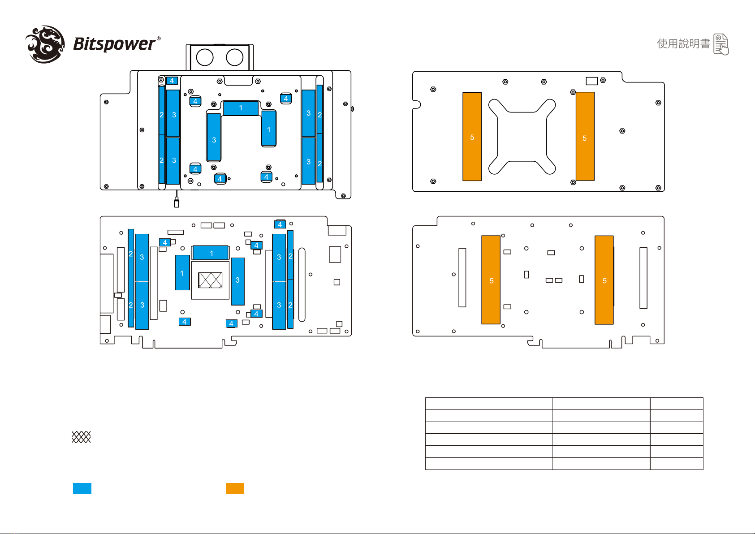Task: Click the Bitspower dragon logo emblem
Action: [x=45, y=44]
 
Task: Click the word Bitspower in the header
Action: [x=114, y=44]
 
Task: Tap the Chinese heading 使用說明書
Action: [x=684, y=43]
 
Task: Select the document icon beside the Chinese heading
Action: [x=721, y=44]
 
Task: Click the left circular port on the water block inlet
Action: [x=205, y=57]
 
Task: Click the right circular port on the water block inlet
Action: [x=235, y=57]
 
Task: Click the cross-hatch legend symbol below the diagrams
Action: [x=81, y=437]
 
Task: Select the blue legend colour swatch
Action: [x=82, y=488]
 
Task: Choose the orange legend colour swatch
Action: [x=235, y=488]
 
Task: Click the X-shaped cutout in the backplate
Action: [x=522, y=137]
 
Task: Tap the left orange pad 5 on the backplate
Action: [x=472, y=137]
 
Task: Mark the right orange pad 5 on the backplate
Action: [x=585, y=137]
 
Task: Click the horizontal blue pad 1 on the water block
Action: [x=241, y=108]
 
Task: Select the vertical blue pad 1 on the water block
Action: [x=269, y=129]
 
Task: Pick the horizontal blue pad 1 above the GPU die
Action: [x=211, y=253]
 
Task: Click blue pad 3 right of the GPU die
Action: [x=237, y=281]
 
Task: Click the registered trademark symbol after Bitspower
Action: [x=159, y=39]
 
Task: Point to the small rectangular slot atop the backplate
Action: [x=591, y=81]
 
